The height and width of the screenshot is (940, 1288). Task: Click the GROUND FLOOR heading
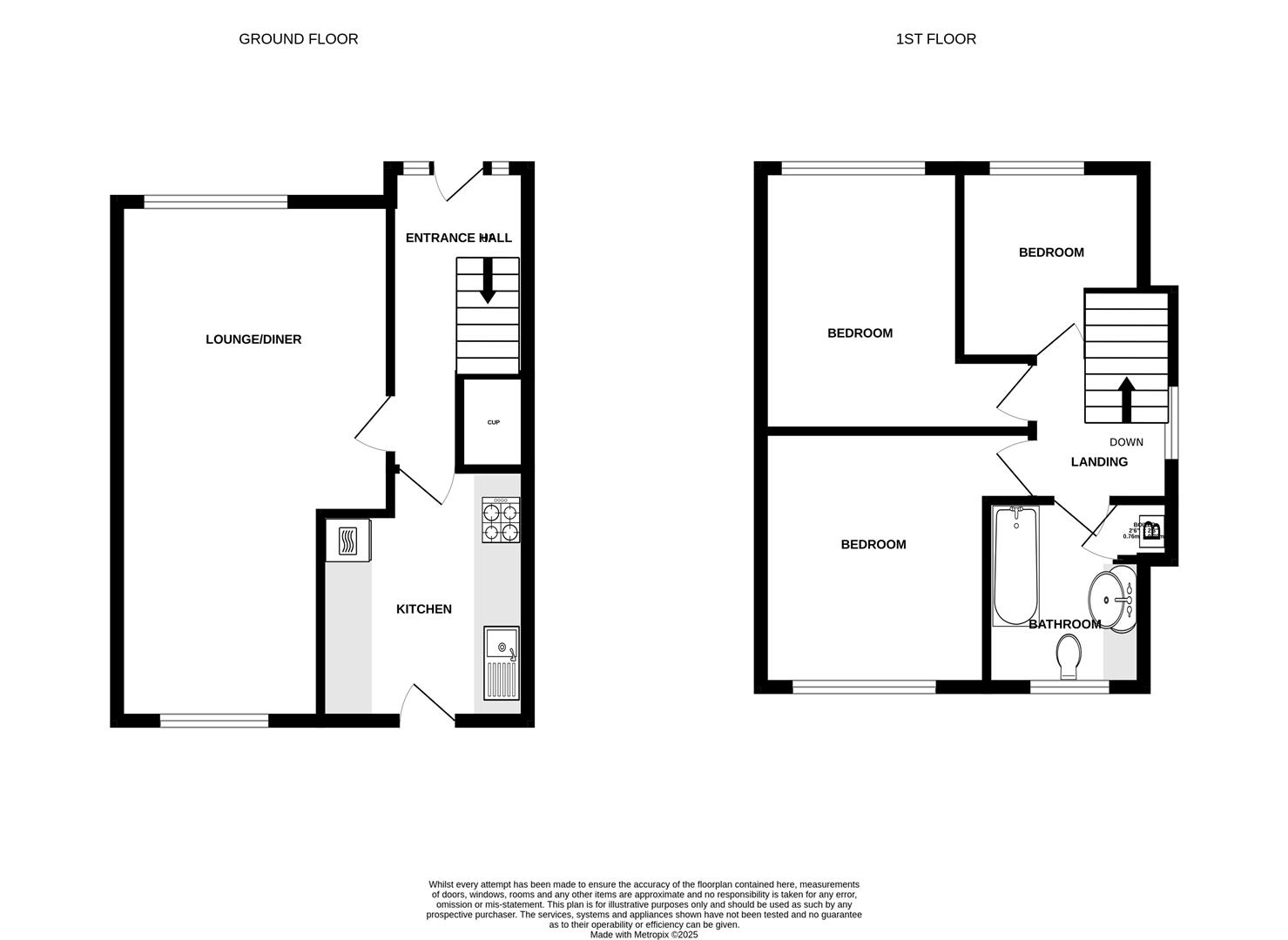click(x=298, y=39)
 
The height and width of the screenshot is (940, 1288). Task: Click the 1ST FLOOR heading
click(x=935, y=39)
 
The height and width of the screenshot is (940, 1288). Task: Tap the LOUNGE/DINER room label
click(x=253, y=339)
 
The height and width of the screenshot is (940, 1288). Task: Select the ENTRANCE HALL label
click(x=458, y=238)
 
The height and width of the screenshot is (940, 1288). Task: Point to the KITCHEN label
click(x=424, y=609)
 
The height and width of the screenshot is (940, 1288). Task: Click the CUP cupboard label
click(x=493, y=423)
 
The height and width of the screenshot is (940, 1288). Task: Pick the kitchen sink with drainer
click(x=501, y=663)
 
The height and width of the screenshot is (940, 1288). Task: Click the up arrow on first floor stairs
click(x=1126, y=398)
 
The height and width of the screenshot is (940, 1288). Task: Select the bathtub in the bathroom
click(x=1015, y=567)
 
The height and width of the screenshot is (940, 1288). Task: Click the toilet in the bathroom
click(x=1069, y=656)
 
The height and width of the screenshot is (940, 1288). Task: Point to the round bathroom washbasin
click(x=1111, y=600)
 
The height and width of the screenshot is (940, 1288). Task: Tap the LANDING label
click(x=1099, y=462)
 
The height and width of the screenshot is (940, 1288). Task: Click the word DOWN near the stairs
click(x=1126, y=442)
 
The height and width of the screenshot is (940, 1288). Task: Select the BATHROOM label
click(x=1064, y=624)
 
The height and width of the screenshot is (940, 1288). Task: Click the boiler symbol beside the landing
click(x=1150, y=530)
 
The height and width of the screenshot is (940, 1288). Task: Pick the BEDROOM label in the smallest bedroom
click(x=1051, y=252)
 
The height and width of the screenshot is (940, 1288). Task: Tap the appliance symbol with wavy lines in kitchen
click(x=347, y=540)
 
